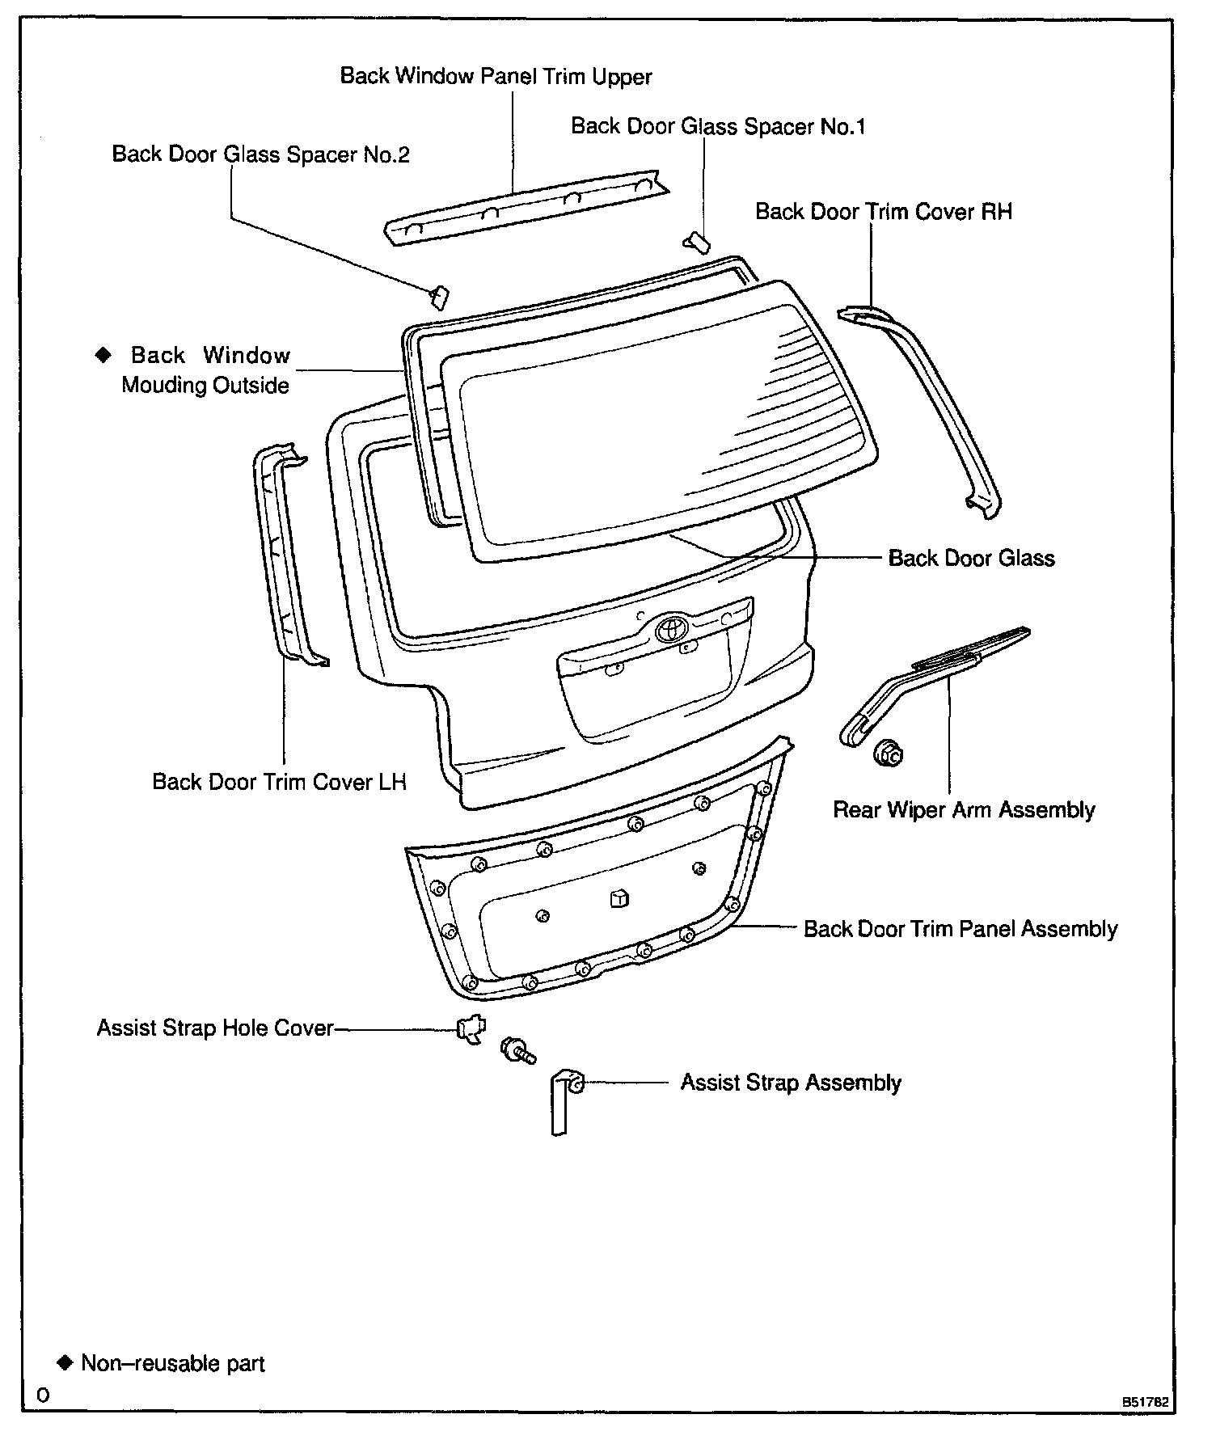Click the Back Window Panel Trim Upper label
(496, 77)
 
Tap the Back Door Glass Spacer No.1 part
(697, 241)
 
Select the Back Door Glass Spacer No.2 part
(439, 297)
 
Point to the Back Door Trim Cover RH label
(883, 212)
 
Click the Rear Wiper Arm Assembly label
(964, 810)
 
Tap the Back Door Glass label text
(971, 559)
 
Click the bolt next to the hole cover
(517, 1051)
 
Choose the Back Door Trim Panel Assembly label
(960, 929)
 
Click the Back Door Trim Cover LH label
(279, 782)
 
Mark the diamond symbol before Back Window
(103, 354)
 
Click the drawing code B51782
(1144, 1401)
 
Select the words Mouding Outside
(205, 385)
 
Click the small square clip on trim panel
(619, 898)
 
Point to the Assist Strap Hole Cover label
(215, 1028)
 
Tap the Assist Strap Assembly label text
(790, 1083)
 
